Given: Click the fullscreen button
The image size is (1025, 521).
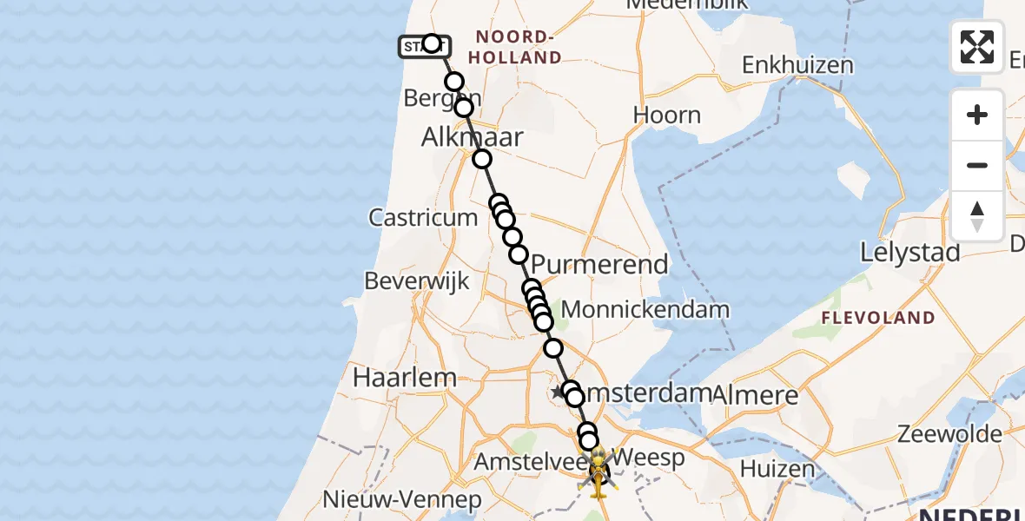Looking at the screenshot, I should (x=977, y=47).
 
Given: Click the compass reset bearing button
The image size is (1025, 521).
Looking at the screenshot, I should (x=977, y=216).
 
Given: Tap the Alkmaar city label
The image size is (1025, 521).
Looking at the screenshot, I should (x=473, y=137).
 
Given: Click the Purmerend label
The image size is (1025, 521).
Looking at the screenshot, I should (x=599, y=264).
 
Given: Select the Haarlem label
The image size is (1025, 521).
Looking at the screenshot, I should (x=405, y=378).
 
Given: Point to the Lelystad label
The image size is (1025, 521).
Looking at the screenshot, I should (x=909, y=253).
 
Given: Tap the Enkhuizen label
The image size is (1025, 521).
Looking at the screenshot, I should (x=797, y=65).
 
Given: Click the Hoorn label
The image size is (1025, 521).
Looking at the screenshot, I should (x=666, y=115).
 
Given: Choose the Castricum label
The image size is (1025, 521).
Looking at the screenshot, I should (x=423, y=217).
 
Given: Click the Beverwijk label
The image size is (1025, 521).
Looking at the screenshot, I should (x=417, y=281).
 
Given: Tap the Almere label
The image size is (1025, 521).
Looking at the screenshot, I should (x=755, y=395).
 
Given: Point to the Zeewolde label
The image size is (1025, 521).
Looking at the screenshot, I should (x=951, y=433).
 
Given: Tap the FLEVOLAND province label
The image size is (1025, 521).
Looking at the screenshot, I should (x=878, y=318).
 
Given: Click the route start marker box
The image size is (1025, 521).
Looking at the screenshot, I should (x=424, y=47).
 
